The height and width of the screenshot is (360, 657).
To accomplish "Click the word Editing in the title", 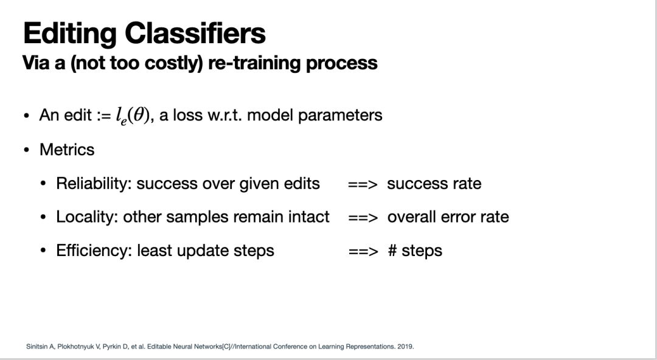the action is (x=69, y=34).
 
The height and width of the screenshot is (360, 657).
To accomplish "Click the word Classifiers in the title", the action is (x=195, y=33).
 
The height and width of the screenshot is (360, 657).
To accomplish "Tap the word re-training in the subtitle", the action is (x=254, y=63).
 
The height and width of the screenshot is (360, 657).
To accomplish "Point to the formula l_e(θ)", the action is (x=133, y=116).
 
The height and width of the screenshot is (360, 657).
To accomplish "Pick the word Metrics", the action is (x=67, y=150).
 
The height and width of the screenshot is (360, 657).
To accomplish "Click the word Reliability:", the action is (x=94, y=184).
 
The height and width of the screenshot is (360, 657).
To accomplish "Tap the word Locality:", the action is (x=87, y=217).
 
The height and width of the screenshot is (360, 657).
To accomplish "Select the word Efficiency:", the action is (x=94, y=251).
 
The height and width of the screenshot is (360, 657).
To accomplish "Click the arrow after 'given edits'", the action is (x=363, y=184).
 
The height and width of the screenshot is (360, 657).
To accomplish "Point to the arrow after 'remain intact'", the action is (x=363, y=218).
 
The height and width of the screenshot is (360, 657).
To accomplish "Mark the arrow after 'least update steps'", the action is (x=363, y=251).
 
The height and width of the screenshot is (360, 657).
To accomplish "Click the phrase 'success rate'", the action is (x=434, y=184).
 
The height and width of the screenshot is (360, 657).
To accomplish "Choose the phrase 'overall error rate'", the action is (x=448, y=216).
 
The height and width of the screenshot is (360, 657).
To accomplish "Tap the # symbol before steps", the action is (x=392, y=251).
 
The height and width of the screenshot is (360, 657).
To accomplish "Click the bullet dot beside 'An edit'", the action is (x=27, y=116).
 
